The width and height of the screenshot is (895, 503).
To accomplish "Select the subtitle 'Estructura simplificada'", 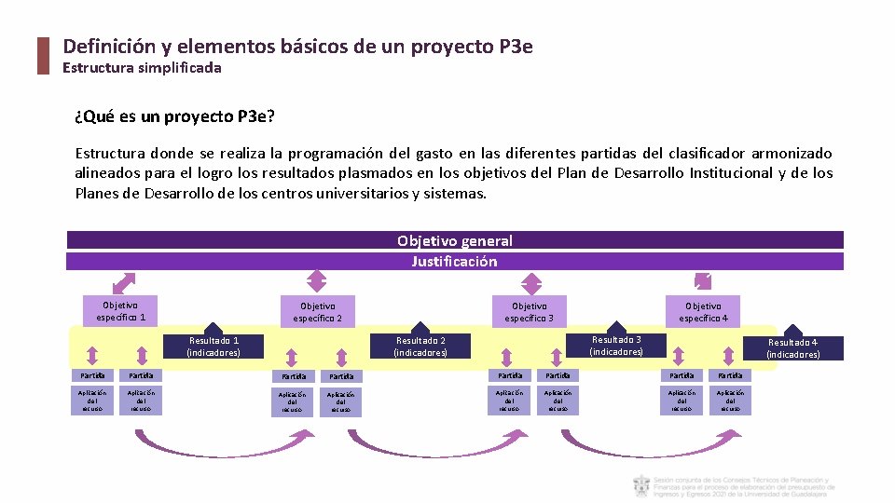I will point(142,68).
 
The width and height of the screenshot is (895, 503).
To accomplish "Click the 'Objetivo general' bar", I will point(455,240).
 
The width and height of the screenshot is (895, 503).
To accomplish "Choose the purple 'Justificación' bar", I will point(455,262).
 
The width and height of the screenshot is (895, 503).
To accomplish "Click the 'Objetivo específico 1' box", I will point(120,311).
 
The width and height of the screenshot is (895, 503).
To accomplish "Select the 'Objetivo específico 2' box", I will point(318,312).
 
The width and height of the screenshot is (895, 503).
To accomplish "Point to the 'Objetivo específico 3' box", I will point(530,312).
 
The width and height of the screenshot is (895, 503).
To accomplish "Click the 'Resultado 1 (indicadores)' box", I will point(213,347).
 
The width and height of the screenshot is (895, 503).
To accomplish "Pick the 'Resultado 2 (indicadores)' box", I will point(420,347).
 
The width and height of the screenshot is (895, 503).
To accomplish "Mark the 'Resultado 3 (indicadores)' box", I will point(616,346).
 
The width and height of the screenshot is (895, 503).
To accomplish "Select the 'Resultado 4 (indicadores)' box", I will point(792,348).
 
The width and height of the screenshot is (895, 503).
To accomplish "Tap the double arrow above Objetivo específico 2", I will point(317,280).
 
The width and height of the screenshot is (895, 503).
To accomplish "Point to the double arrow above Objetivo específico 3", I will point(530,283).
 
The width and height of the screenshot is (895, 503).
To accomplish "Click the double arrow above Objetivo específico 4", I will point(702,281).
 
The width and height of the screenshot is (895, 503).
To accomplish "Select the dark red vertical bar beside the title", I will point(42,56).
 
